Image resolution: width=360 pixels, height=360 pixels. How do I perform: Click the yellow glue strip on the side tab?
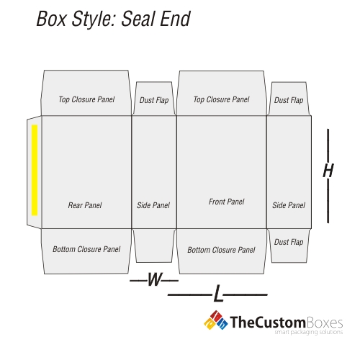(35, 170)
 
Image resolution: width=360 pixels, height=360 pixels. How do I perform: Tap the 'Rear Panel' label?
(85, 205)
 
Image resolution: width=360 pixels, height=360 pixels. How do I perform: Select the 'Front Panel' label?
(226, 202)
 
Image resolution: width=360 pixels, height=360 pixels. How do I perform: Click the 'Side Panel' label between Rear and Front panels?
(153, 205)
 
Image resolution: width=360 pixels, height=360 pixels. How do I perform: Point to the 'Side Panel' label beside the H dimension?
(289, 205)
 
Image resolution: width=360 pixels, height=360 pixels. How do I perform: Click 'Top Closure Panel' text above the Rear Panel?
(86, 99)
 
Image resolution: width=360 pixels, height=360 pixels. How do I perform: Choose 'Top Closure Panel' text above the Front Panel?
(221, 99)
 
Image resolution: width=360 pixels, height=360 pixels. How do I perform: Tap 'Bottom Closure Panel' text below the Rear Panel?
(86, 249)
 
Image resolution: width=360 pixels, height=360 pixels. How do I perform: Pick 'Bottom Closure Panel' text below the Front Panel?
(221, 250)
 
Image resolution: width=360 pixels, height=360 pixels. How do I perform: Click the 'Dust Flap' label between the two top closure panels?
(154, 100)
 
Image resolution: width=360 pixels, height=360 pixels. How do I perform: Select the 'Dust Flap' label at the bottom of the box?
(289, 242)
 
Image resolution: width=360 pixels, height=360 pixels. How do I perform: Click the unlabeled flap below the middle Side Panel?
(154, 246)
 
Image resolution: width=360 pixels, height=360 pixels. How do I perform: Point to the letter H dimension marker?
(328, 171)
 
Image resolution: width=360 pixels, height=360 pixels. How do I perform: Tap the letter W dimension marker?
(155, 279)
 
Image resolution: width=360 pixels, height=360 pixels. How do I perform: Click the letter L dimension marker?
(218, 293)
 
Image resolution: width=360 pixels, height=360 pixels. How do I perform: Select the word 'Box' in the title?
(51, 19)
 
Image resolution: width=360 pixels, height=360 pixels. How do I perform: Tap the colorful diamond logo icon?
(215, 320)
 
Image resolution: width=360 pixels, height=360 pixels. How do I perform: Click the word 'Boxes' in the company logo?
(324, 323)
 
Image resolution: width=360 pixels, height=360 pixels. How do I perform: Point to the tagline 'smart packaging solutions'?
(309, 332)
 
